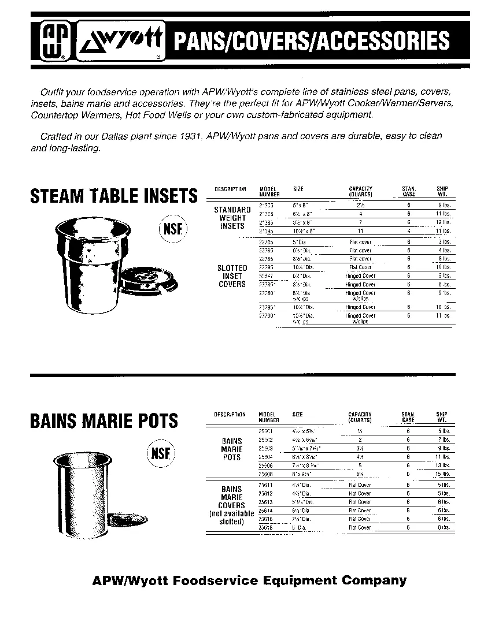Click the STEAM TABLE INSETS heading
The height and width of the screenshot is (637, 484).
tap(113, 197)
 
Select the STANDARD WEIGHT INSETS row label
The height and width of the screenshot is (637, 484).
tap(232, 218)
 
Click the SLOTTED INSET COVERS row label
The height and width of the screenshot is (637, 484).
tap(232, 276)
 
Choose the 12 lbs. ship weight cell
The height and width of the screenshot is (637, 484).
tap(443, 222)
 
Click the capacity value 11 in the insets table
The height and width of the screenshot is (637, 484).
tap(360, 230)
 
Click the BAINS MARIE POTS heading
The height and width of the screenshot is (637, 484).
tap(104, 421)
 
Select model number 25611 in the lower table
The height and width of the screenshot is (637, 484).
tap(267, 485)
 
